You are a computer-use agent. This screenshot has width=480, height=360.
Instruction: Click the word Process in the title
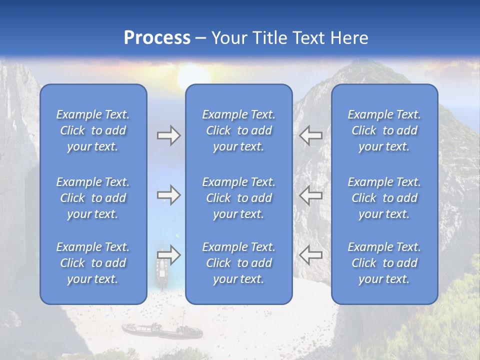click(157, 38)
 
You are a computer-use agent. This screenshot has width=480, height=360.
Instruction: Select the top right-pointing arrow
click(168, 135)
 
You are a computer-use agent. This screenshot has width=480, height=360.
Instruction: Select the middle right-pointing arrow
click(168, 195)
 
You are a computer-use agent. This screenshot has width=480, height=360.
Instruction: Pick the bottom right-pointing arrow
click(168, 255)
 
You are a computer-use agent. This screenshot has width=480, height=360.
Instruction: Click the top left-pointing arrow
click(311, 135)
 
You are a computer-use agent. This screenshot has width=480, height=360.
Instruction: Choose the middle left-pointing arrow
click(311, 195)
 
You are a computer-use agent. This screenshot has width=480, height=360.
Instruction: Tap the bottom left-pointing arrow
click(311, 255)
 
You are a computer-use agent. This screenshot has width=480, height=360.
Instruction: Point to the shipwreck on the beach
click(161, 330)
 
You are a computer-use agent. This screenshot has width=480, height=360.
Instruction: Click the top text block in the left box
click(93, 130)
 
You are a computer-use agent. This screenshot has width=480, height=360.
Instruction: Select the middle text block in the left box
click(93, 198)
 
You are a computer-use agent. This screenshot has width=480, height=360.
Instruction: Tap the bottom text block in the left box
click(93, 263)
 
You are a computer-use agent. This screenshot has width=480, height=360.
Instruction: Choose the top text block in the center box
click(238, 130)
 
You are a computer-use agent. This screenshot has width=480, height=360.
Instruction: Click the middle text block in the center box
click(238, 198)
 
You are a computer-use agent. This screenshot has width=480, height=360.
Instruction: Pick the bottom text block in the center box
click(238, 263)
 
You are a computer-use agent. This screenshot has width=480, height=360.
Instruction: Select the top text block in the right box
click(384, 130)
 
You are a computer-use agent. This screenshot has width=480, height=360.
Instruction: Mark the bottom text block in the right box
click(384, 263)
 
